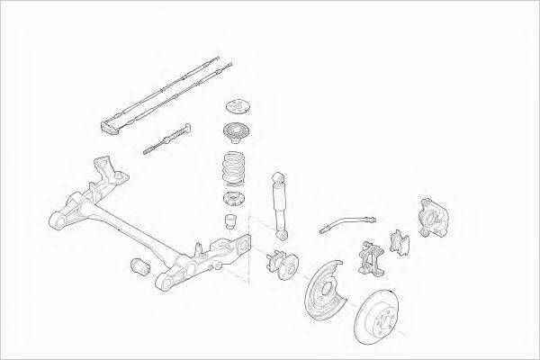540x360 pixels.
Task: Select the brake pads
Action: point(399,240)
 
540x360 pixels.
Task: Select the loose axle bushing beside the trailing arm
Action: point(140,267)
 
